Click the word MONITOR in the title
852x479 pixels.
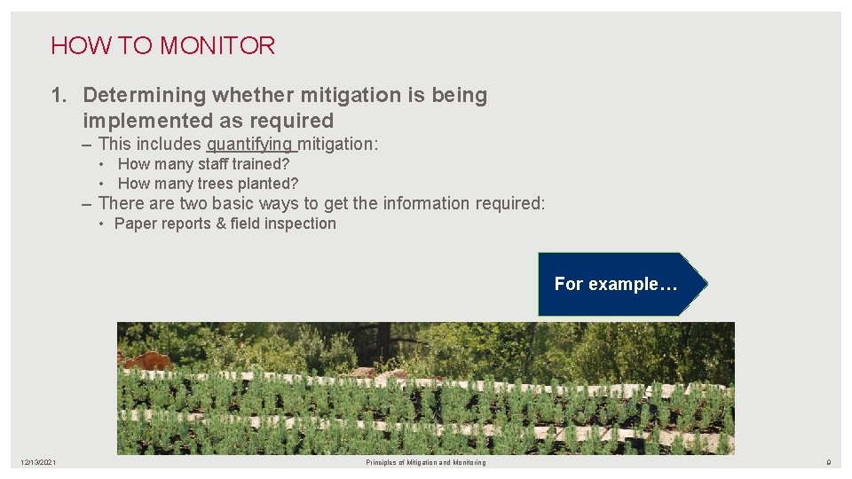[217, 46]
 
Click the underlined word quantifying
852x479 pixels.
[249, 144]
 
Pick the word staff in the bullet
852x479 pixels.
[209, 164]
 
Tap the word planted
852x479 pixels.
[264, 184]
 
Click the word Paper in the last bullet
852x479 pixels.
[133, 224]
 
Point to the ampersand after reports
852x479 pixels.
[221, 224]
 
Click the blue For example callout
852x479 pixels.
[616, 284]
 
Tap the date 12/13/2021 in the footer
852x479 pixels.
[40, 462]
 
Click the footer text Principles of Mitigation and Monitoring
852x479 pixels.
[426, 462]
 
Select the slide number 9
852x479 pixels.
[828, 462]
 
